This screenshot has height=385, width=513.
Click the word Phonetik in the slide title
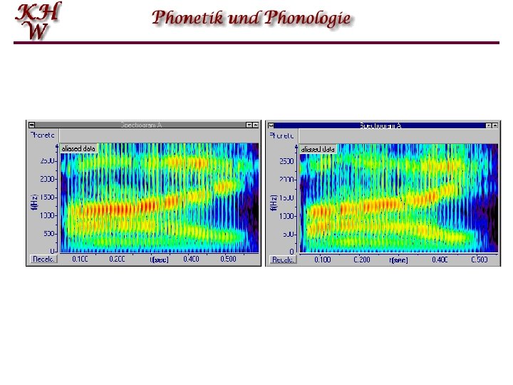[x=187, y=18]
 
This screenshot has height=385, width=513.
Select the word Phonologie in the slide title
[x=308, y=19]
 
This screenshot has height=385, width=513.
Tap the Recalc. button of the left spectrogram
[x=43, y=260]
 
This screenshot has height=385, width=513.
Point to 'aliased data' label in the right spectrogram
[x=318, y=149]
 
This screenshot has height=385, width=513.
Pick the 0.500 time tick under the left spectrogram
[x=228, y=260]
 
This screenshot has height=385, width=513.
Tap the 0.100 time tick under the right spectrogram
[x=323, y=260]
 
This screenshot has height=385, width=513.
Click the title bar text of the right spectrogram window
[x=380, y=125]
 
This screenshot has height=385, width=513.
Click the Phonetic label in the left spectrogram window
[x=42, y=134]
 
